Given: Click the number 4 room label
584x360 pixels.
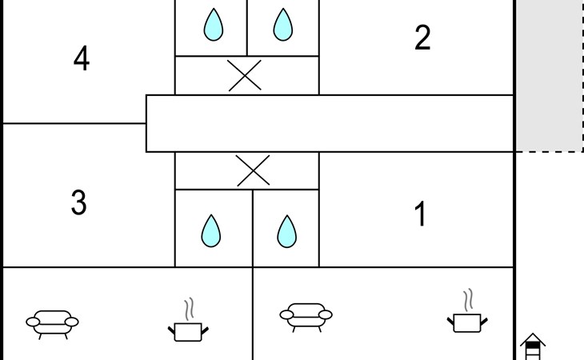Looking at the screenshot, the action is coord(82,58).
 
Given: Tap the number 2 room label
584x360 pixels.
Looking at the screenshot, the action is coord(422,38).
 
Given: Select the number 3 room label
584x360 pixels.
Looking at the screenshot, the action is coord(78,202).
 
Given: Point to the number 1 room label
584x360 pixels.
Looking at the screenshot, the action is coord(420,214).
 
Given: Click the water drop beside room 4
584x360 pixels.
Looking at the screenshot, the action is coord(214,25).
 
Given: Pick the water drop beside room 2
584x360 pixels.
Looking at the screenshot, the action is coord(282,25).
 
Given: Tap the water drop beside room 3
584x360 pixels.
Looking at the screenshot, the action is coord(211,231).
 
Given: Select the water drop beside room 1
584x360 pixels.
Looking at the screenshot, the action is coord(286,231).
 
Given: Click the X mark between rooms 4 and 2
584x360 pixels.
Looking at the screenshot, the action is coord(245,75).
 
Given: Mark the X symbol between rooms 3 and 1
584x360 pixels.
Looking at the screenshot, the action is coord(254,170).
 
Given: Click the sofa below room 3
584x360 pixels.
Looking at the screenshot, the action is coord(52,324).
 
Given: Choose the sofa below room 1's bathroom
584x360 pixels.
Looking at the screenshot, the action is coord(306,317).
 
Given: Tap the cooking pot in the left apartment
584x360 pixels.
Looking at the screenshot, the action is coord(188,332).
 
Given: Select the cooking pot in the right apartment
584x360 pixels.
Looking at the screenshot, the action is coord(467,322).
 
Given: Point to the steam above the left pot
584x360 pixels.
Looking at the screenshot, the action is coord(190,309).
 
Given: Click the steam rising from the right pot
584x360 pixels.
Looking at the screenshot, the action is coord(468,300).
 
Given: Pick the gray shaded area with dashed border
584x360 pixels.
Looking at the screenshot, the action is coord(550,75).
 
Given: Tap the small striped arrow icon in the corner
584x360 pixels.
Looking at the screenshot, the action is coord(533,346).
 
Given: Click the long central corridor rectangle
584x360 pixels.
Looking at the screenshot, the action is coord(330,123).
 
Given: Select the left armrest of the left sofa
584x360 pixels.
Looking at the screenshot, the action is coord(33,322).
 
